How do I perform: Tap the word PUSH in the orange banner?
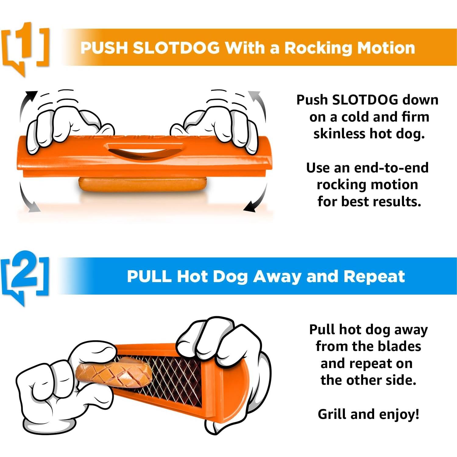pos(104,48)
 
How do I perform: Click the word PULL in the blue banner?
pos(149,277)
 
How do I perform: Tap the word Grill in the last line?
pos(332,414)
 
